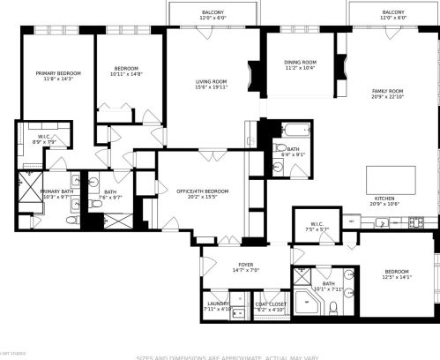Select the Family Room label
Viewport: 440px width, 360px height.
387,91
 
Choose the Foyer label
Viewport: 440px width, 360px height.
245,265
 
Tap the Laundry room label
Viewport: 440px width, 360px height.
216,304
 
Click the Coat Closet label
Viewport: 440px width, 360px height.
272,304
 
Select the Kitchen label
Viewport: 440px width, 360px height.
387,199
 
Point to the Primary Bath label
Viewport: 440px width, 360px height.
56,191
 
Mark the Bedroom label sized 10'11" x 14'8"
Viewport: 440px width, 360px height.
128,69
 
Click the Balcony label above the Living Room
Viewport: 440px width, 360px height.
213,12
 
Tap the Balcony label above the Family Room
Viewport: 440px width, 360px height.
393,12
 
